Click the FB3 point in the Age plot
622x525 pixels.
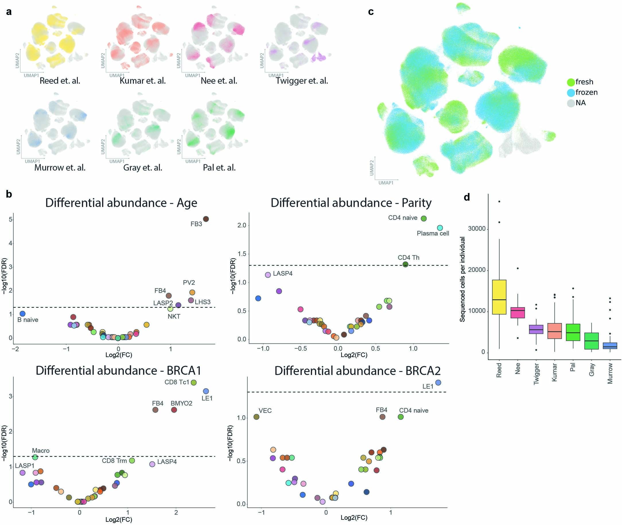coord(206,219)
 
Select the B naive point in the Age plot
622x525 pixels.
coord(22,313)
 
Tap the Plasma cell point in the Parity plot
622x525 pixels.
coord(440,228)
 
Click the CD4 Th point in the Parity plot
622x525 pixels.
coord(405,264)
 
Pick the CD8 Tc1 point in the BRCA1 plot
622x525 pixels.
coord(194,383)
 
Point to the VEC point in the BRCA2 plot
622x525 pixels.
coord(256,417)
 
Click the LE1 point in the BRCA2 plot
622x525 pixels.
coord(438,383)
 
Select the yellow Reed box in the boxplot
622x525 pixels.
coord(499,297)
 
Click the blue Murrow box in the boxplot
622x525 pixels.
coord(610,346)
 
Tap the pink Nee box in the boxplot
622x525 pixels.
coord(518,312)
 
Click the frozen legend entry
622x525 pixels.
coord(586,92)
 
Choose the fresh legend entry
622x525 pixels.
coord(584,82)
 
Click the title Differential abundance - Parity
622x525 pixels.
coord(351,203)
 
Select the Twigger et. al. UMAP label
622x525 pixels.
coord(302,81)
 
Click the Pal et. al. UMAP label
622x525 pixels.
coord(219,167)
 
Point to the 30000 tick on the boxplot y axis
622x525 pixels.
coord(477,229)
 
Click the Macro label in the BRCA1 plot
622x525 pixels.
coord(41,451)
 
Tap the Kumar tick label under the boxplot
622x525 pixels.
coord(554,372)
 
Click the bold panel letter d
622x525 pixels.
coord(467,197)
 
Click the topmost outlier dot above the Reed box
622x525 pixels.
coord(499,202)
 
